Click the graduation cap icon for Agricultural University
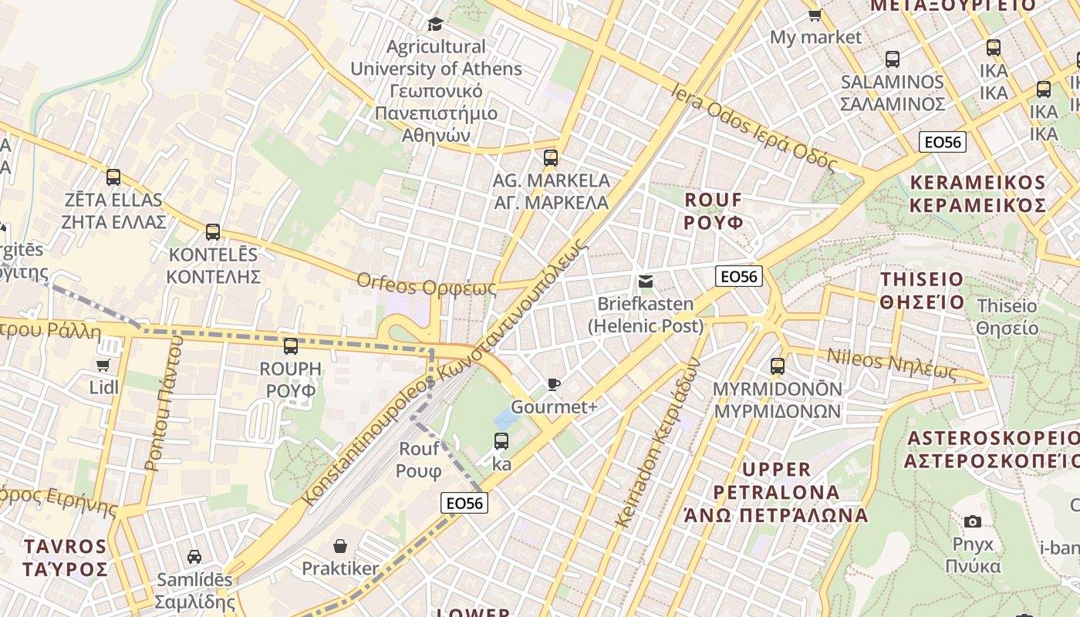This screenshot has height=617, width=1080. [x=435, y=24]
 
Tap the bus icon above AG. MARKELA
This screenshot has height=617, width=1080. [x=550, y=158]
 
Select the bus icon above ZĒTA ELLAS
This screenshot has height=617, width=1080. [x=113, y=177]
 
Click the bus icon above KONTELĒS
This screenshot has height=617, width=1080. [x=213, y=231]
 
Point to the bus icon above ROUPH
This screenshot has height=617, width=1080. [x=291, y=346]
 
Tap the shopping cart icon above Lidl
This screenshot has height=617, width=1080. [x=103, y=364]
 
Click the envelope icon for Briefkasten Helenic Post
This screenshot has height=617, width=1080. [x=646, y=282]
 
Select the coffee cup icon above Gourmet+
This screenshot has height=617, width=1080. [x=553, y=384]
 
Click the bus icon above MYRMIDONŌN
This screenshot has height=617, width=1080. [x=778, y=366]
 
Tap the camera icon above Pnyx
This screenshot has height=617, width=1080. [x=973, y=521]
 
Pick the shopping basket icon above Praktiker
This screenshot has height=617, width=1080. [x=339, y=546]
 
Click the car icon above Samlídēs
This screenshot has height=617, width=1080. [x=194, y=556]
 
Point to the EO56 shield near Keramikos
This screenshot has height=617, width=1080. [x=943, y=141]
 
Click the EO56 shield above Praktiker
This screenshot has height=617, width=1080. [x=464, y=503]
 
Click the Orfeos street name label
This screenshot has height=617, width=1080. [x=426, y=285]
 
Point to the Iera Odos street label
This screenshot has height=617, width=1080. [x=753, y=127]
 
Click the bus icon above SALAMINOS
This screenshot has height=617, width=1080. [x=893, y=59]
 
